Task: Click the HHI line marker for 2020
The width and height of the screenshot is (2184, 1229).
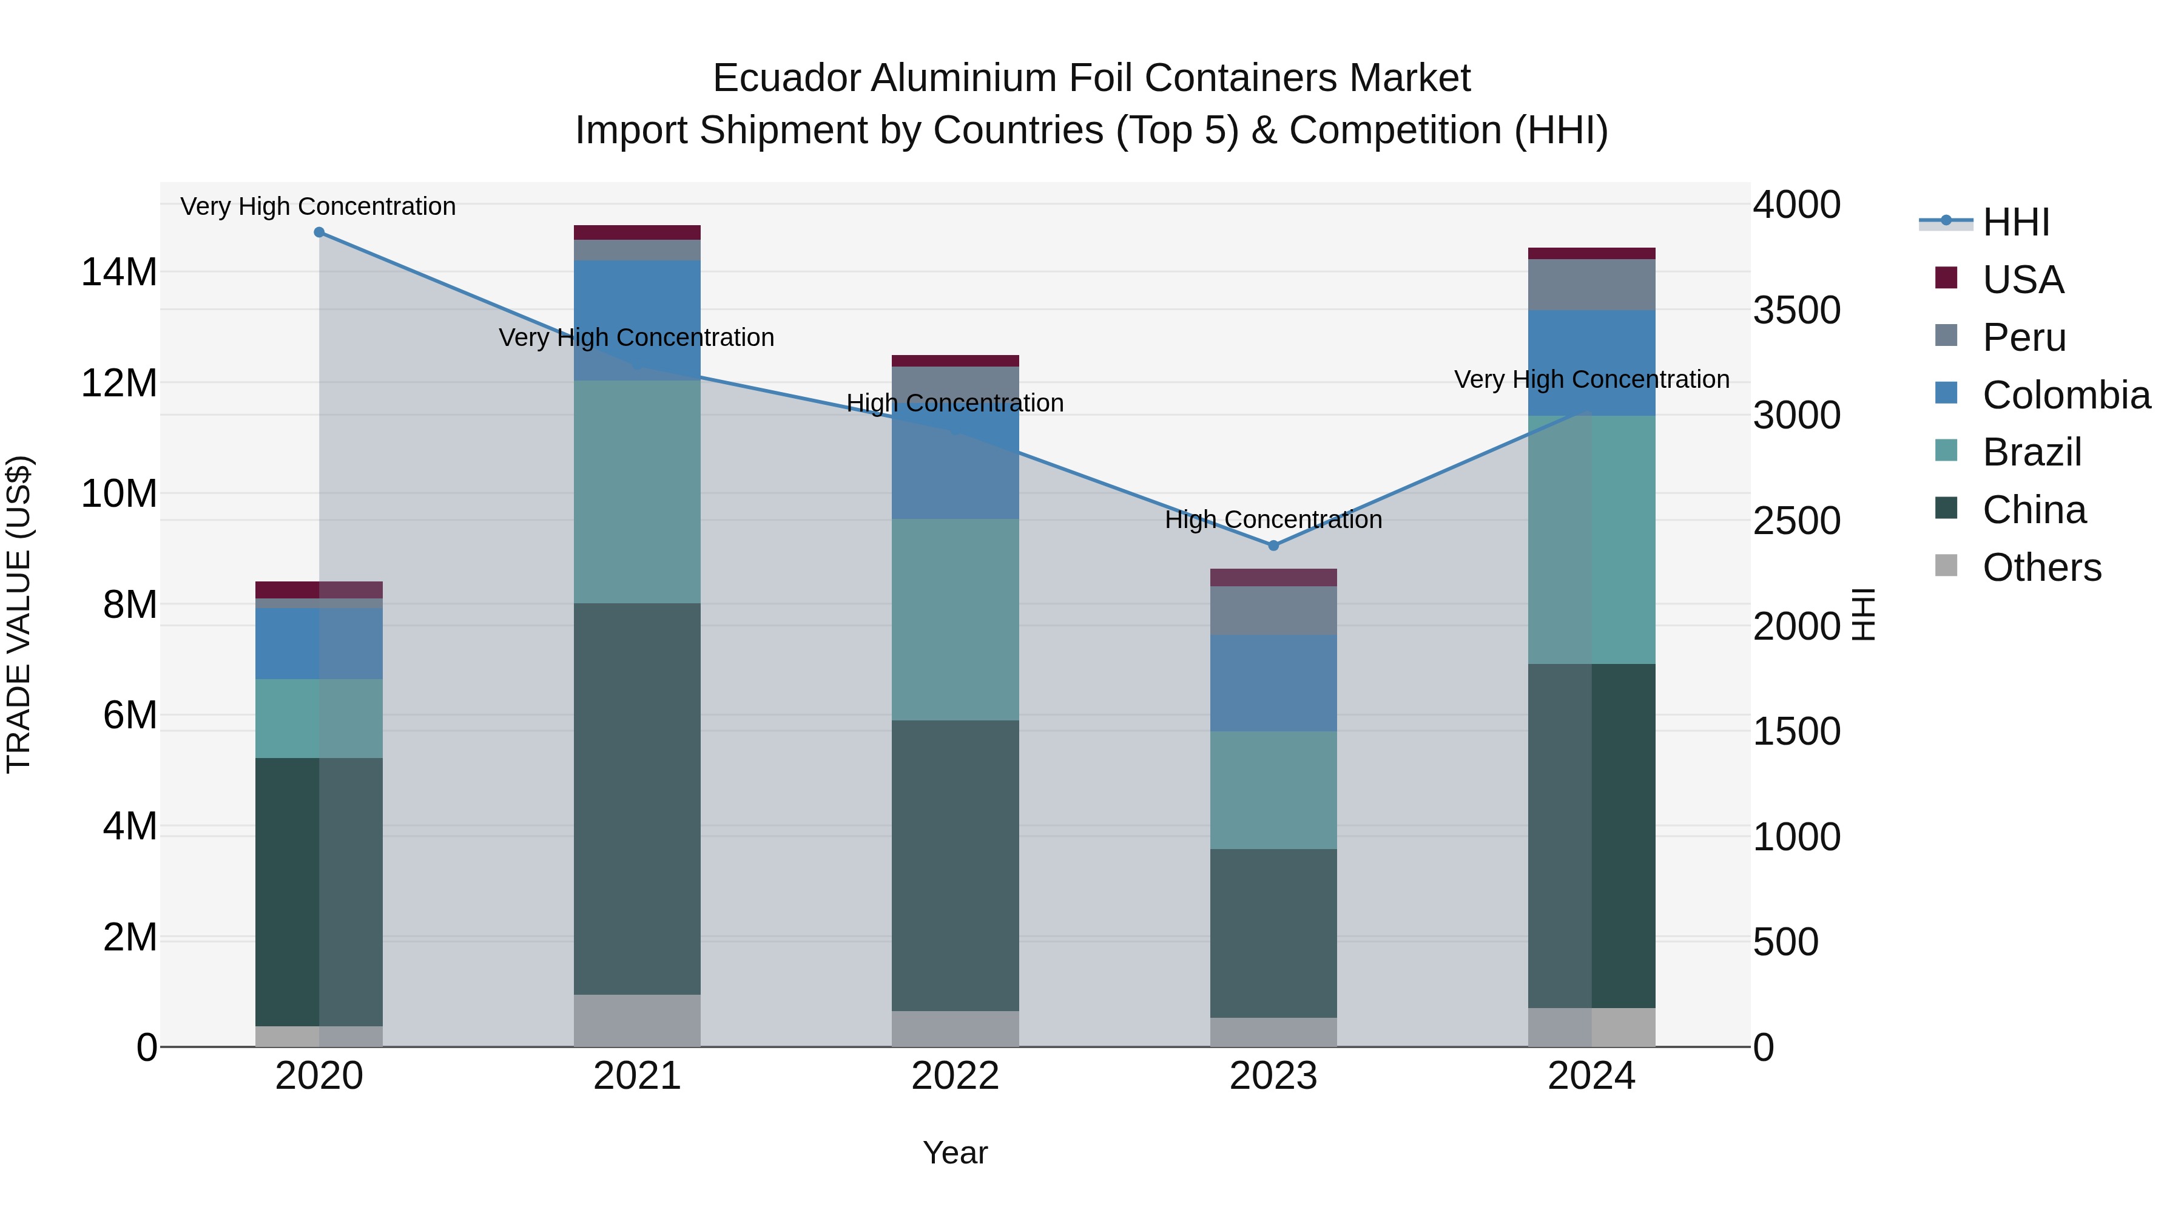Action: click(x=318, y=232)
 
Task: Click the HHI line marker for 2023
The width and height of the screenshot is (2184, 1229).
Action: click(x=1273, y=546)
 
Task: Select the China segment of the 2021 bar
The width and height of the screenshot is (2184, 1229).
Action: click(x=637, y=797)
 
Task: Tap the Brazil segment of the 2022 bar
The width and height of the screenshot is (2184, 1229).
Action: click(x=955, y=619)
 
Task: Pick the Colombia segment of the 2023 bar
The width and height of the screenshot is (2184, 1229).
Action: click(x=1273, y=683)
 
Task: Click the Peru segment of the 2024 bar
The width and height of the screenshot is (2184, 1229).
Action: click(x=1591, y=285)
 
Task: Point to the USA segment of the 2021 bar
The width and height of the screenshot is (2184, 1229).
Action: click(x=637, y=232)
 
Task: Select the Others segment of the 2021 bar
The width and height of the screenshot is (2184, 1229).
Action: click(x=637, y=1020)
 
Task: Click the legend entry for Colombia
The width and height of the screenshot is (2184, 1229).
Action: click(x=2065, y=395)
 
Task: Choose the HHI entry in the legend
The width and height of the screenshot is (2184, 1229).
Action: click(x=2015, y=222)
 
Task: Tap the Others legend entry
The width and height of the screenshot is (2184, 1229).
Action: click(x=2041, y=567)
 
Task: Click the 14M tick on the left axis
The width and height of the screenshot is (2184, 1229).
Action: click(x=119, y=273)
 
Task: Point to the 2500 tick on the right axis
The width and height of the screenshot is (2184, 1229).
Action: click(x=1796, y=521)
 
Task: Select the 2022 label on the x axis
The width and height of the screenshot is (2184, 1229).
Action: click(x=955, y=1076)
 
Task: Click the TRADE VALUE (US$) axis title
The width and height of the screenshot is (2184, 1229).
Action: click(x=19, y=614)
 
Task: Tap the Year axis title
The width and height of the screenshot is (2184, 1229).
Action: click(x=955, y=1153)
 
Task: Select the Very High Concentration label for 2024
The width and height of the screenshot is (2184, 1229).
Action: click(x=1591, y=379)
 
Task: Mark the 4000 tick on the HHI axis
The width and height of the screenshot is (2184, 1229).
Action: click(x=1796, y=205)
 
